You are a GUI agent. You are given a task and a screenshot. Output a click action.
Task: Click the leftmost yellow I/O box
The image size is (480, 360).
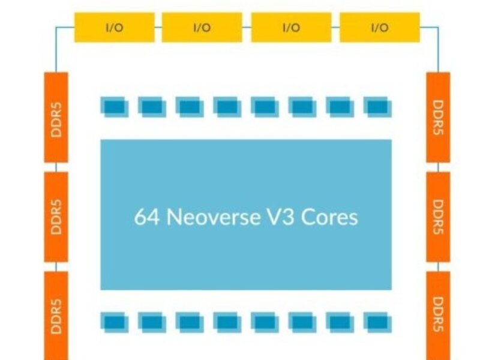[114, 28]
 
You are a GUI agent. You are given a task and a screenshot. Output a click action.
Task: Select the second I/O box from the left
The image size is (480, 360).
[202, 28]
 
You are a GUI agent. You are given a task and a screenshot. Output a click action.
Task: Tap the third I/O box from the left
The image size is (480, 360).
[290, 28]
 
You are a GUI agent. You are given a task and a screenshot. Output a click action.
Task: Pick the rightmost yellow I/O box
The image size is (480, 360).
[379, 28]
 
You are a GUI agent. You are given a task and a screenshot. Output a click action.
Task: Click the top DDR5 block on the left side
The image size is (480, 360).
[56, 117]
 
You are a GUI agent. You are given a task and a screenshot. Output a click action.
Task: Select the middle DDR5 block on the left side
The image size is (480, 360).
[56, 216]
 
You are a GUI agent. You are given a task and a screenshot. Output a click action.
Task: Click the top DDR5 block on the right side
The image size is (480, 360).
[438, 117]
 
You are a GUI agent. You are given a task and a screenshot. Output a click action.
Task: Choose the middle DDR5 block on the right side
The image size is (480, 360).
[438, 216]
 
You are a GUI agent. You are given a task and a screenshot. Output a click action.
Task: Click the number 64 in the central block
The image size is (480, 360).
[146, 217]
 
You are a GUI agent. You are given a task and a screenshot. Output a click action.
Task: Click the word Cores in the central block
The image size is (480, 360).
[329, 217]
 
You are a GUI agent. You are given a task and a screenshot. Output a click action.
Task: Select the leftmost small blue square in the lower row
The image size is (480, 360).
[114, 322]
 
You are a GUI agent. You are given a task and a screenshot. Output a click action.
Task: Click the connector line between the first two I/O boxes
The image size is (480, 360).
[158, 28]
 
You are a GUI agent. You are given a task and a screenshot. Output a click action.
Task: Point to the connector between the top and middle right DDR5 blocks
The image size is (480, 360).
[438, 167]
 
